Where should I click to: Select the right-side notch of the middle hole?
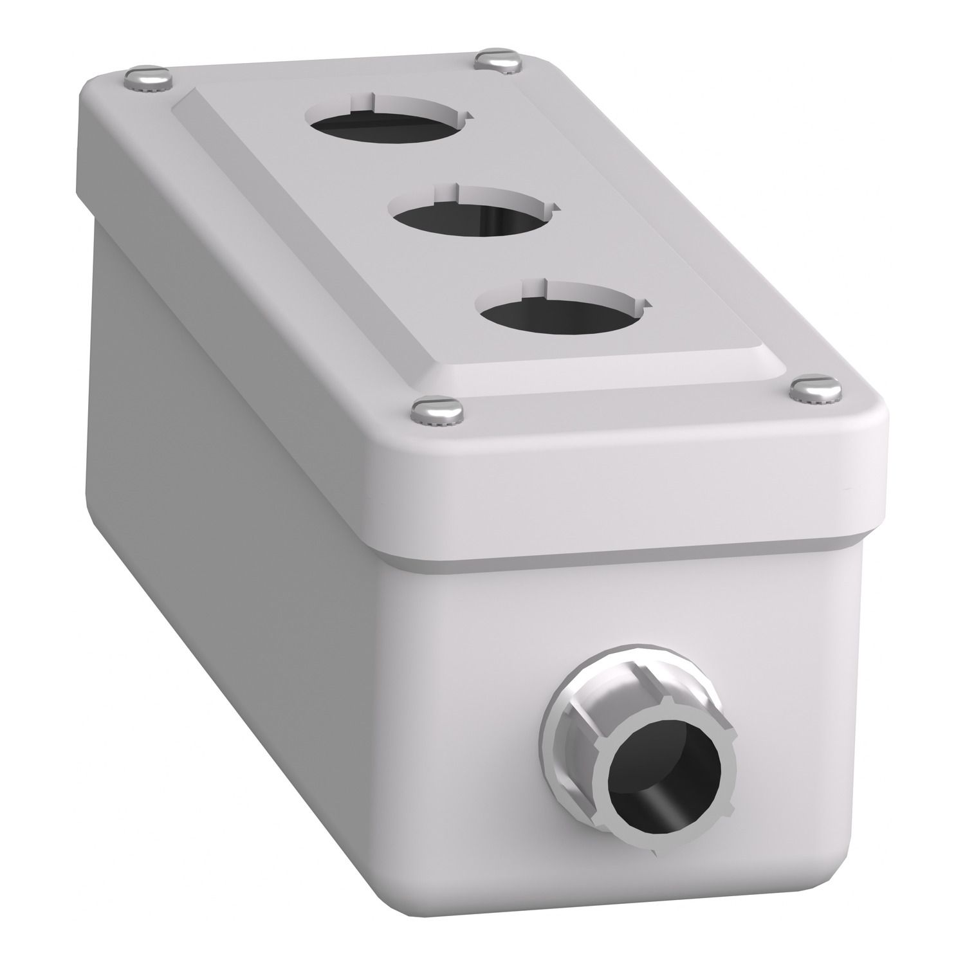point(555,207)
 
